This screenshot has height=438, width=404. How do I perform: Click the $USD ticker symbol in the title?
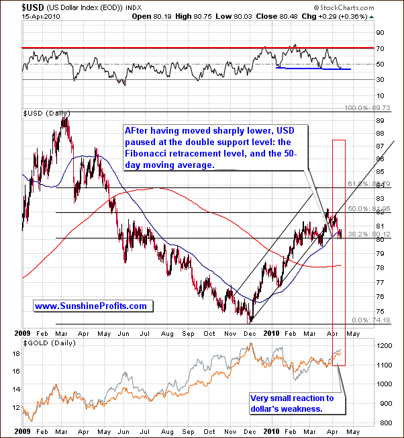13,5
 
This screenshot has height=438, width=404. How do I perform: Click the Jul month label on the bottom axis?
144,333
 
